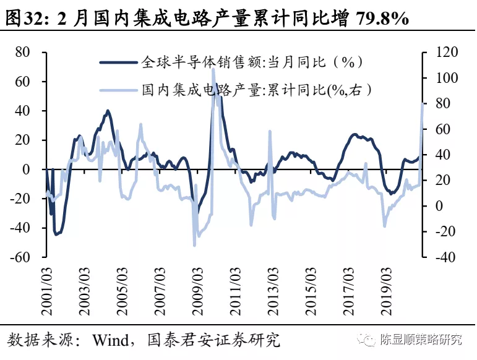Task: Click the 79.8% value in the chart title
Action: (x=382, y=18)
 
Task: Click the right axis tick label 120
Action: (x=441, y=52)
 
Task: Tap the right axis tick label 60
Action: (x=437, y=129)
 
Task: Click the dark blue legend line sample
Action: (x=119, y=62)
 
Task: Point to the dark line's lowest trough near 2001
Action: (x=56, y=234)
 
